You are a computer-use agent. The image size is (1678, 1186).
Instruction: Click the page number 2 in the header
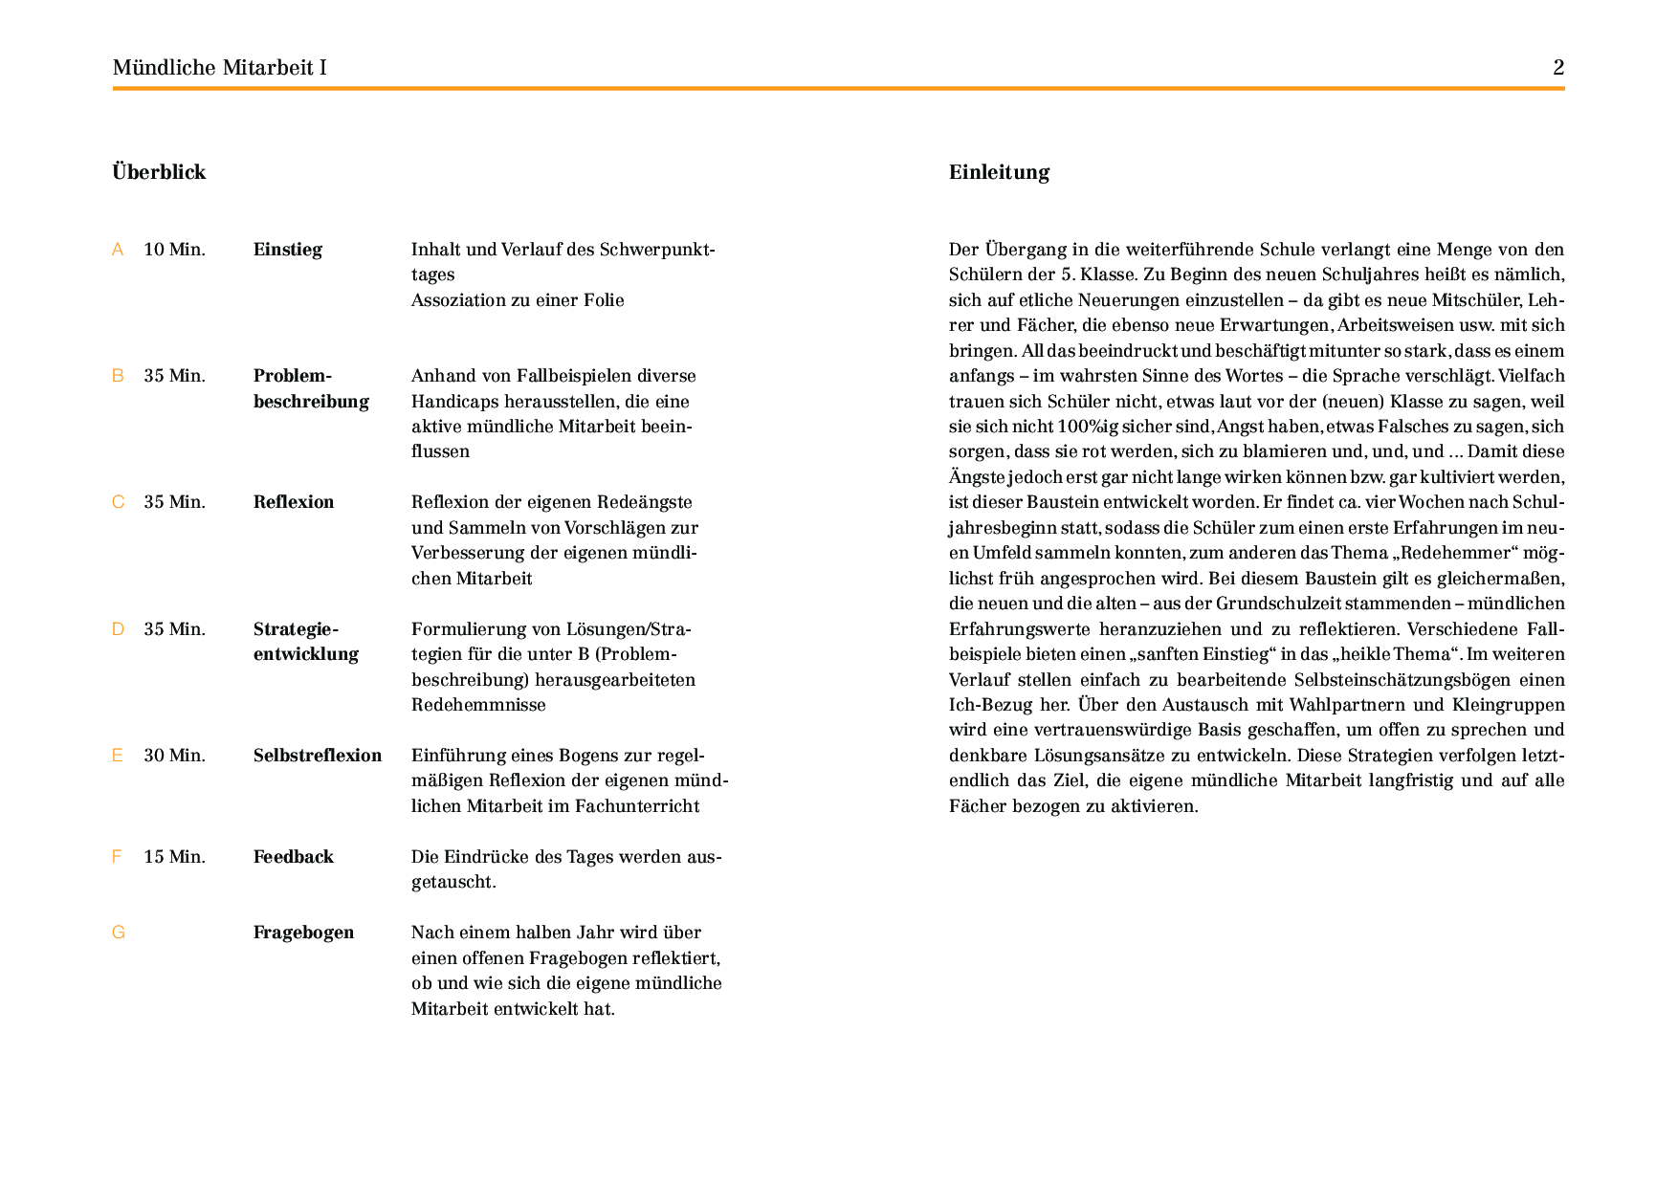pyautogui.click(x=1558, y=67)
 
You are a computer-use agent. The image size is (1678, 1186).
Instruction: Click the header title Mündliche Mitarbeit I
pyautogui.click(x=219, y=67)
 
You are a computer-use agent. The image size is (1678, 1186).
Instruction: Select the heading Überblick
pyautogui.click(x=159, y=172)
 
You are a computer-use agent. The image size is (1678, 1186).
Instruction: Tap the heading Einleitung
pyautogui.click(x=999, y=172)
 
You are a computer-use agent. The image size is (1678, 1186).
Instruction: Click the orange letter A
pyautogui.click(x=118, y=250)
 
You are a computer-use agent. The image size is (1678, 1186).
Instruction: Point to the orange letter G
pyautogui.click(x=119, y=933)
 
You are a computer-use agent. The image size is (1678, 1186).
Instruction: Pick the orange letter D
pyautogui.click(x=119, y=629)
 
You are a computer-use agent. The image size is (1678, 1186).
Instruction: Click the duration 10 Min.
pyautogui.click(x=174, y=250)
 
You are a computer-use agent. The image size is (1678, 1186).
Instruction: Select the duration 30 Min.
pyautogui.click(x=174, y=756)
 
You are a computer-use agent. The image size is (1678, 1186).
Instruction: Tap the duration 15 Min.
pyautogui.click(x=174, y=857)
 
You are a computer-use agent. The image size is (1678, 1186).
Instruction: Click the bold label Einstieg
pyautogui.click(x=287, y=250)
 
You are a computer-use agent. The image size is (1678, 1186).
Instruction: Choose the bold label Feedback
pyautogui.click(x=293, y=857)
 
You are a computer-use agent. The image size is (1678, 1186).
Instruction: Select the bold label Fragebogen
pyautogui.click(x=303, y=933)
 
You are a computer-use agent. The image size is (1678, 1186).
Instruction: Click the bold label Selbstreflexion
pyautogui.click(x=317, y=756)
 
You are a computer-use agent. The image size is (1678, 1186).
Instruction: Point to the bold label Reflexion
pyautogui.click(x=294, y=502)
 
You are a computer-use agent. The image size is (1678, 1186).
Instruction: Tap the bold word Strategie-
pyautogui.click(x=296, y=629)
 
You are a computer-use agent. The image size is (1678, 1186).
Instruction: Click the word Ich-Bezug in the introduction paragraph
pyautogui.click(x=991, y=705)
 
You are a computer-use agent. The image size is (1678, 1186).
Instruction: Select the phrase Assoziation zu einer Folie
pyautogui.click(x=518, y=300)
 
